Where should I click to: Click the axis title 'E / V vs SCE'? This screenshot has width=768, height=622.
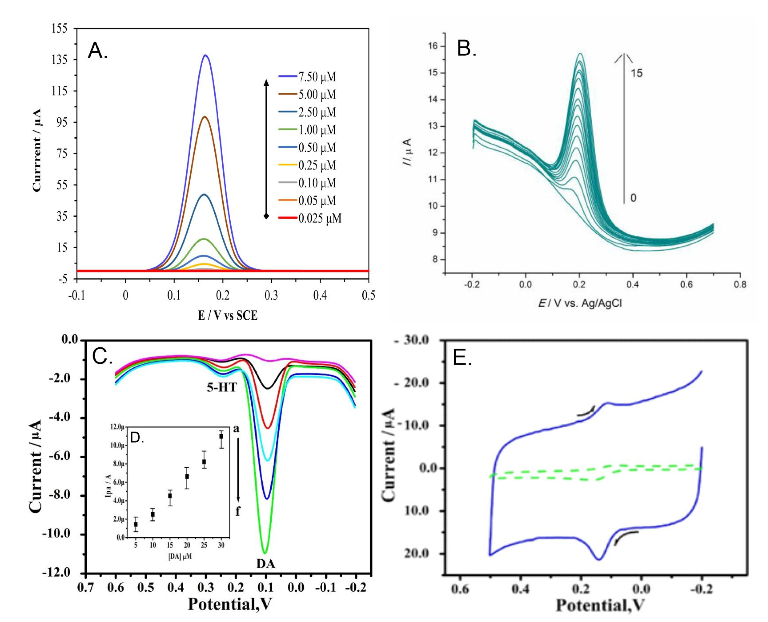point(228,315)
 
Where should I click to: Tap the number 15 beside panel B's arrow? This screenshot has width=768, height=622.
point(637,73)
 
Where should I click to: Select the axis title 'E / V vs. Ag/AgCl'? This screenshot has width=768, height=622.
point(580,303)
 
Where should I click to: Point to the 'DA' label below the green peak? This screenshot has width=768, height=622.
point(266,564)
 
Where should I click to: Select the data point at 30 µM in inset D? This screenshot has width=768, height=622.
point(221,436)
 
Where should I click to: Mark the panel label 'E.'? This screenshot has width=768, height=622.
point(462,358)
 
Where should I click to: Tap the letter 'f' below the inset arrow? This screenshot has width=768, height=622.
point(237,512)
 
